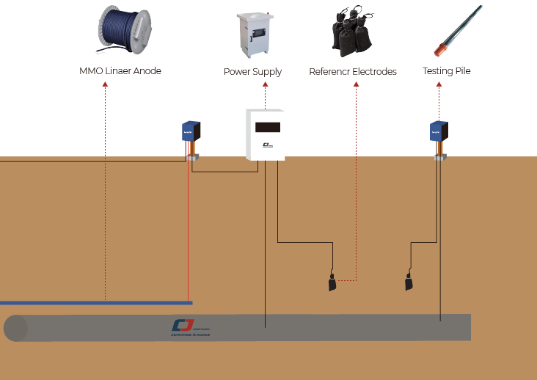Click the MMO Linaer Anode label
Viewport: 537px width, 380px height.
(120, 71)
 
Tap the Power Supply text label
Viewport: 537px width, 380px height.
(252, 72)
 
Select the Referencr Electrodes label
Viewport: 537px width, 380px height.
(353, 72)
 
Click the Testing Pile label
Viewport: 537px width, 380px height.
(446, 71)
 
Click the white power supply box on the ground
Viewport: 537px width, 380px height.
(264, 135)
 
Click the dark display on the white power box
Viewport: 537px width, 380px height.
(267, 127)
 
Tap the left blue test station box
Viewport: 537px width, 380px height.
(191, 131)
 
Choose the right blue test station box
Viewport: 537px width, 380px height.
(439, 131)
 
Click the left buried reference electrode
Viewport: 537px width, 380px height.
(332, 282)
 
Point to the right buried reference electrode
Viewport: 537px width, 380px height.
(409, 282)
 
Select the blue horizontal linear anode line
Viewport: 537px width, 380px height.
(95, 302)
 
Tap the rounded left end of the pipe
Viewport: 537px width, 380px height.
(15, 328)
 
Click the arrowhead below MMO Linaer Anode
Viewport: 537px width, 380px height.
(105, 84)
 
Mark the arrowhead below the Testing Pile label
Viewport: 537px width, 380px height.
(439, 84)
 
